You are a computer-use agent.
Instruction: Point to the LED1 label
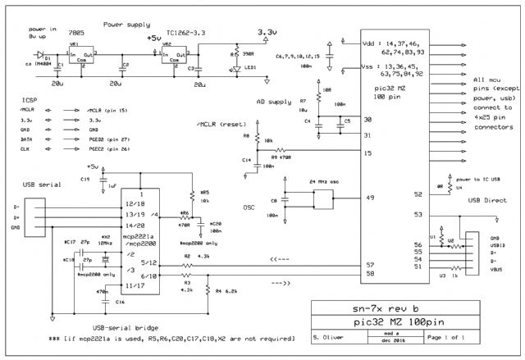(x=246, y=67)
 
